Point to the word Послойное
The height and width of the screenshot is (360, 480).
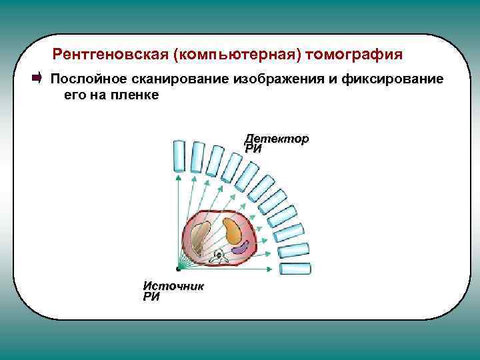click(x=86, y=79)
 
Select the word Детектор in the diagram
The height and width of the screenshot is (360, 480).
click(x=276, y=139)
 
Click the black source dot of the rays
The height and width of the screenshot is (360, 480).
click(x=178, y=268)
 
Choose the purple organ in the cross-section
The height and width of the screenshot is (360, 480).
click(x=242, y=247)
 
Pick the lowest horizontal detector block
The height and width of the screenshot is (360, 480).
click(x=295, y=269)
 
